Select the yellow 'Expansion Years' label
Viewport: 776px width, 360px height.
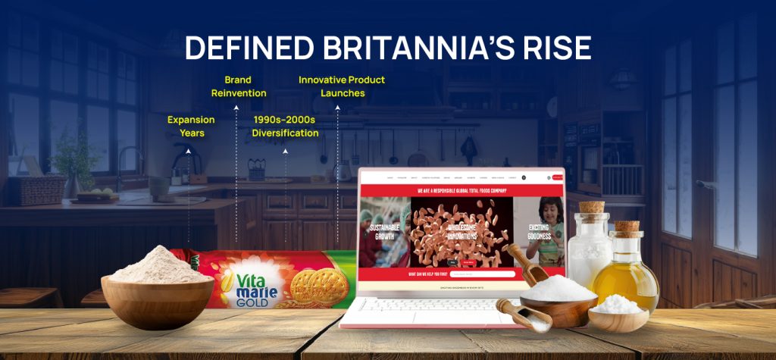click(x=191, y=127)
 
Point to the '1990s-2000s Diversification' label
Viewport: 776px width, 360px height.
click(x=285, y=127)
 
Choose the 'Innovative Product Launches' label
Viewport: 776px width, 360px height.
click(x=341, y=86)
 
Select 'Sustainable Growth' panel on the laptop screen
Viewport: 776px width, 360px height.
click(x=385, y=231)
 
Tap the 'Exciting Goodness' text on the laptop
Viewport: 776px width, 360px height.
click(x=539, y=231)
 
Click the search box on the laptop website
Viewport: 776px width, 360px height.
click(x=482, y=274)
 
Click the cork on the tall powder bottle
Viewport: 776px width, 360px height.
click(x=591, y=207)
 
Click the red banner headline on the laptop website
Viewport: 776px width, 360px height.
click(x=462, y=190)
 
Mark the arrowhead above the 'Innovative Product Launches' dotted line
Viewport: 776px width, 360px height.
click(x=337, y=108)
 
